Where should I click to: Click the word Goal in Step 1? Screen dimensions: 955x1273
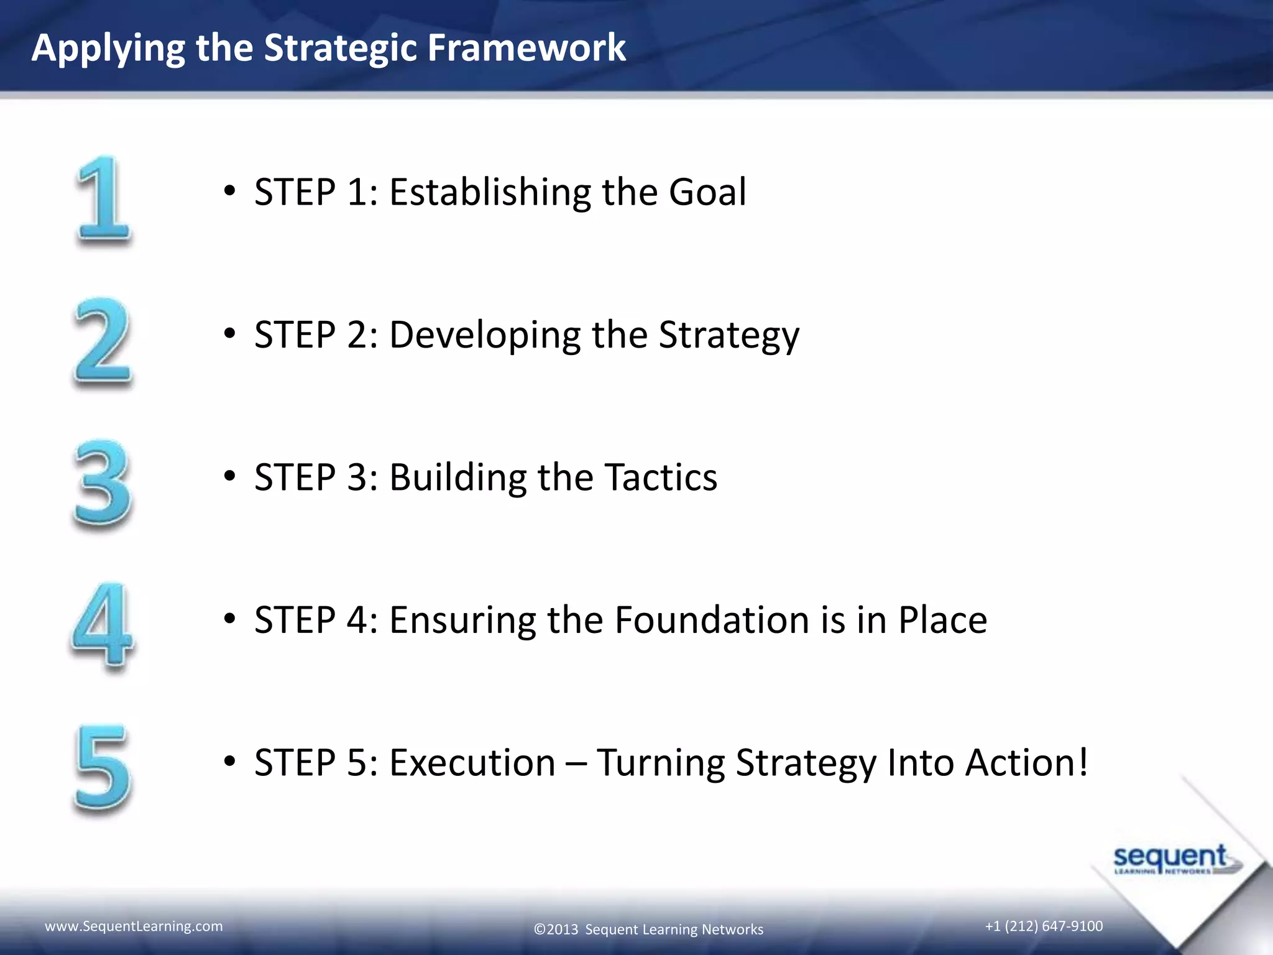tap(707, 191)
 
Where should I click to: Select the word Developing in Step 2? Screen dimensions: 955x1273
tap(484, 336)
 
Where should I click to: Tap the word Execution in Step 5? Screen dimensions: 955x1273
tap(472, 762)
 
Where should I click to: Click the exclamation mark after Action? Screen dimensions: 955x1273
tap(1083, 762)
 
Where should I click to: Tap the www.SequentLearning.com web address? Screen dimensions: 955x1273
tap(134, 926)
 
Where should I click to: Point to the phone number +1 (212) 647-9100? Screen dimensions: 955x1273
tap(1044, 926)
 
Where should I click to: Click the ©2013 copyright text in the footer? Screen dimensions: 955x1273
tap(648, 930)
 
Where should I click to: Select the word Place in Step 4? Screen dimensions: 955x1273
tap(942, 620)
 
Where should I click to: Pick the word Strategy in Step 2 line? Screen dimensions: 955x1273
tap(728, 336)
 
